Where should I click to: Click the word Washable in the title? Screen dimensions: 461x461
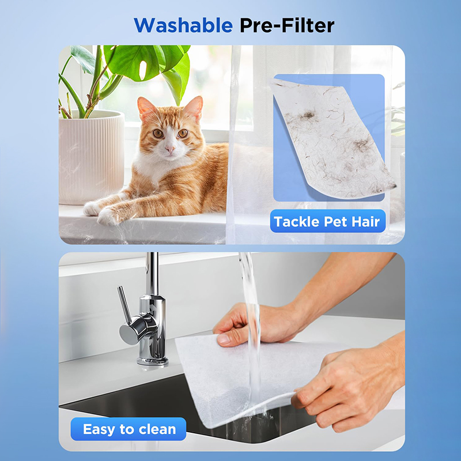pyautogui.click(x=183, y=25)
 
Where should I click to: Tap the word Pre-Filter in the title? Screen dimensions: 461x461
pyautogui.click(x=287, y=25)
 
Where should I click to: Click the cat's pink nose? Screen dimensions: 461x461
pyautogui.click(x=169, y=149)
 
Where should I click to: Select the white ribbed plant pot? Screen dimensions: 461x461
pyautogui.click(x=92, y=157)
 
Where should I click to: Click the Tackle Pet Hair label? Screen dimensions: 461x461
pyautogui.click(x=327, y=221)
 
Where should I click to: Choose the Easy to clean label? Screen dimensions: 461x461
pyautogui.click(x=129, y=429)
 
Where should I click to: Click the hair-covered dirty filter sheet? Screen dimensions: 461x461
pyautogui.click(x=333, y=139)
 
